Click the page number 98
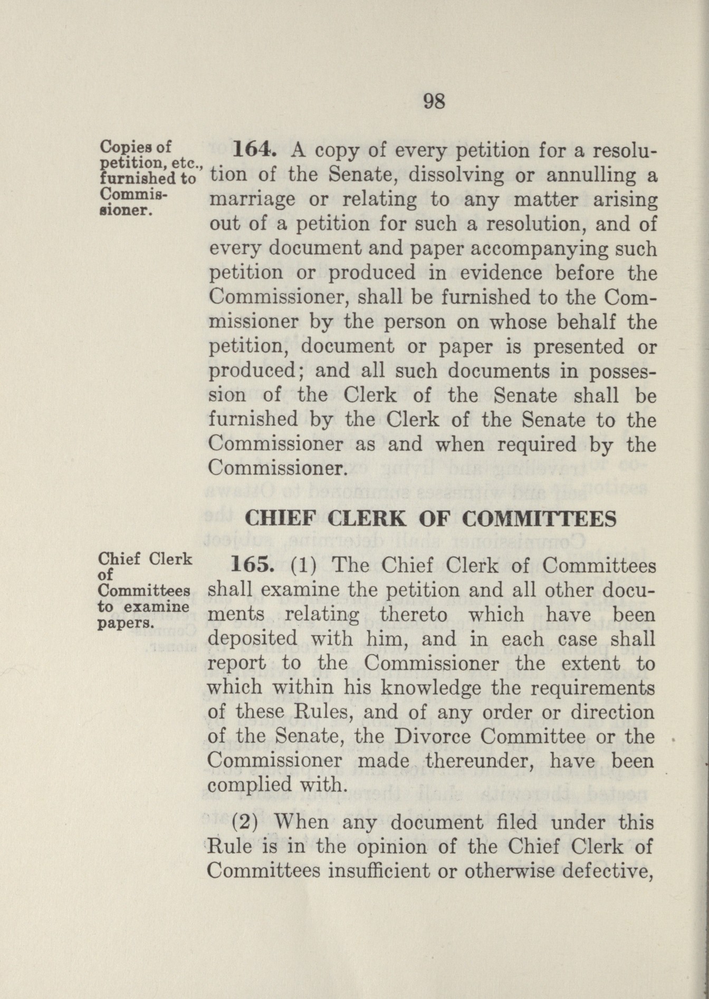point(434,101)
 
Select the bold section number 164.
point(252,151)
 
